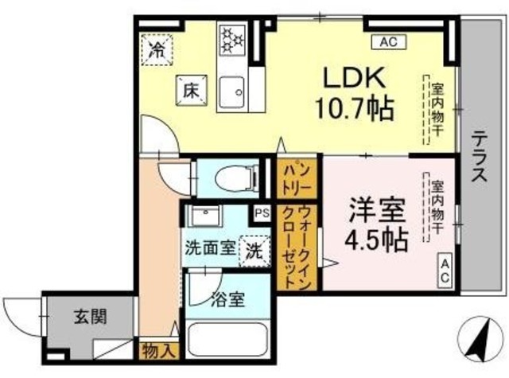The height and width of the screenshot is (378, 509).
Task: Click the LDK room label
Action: (x=354, y=77)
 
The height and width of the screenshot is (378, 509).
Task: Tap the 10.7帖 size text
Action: (x=354, y=108)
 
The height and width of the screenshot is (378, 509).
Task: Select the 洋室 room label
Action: (x=377, y=211)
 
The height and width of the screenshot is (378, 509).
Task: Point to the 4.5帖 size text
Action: (x=376, y=240)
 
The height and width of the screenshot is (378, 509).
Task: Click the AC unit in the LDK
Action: (x=389, y=42)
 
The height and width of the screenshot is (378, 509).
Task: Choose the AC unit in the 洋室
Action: (x=445, y=271)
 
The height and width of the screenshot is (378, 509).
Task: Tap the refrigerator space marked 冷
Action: (x=157, y=50)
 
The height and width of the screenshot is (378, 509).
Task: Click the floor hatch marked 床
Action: (x=191, y=90)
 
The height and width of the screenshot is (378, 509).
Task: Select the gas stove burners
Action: (x=231, y=39)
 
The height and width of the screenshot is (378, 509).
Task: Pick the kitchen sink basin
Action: (x=231, y=92)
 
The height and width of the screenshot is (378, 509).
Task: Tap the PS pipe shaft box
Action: (x=262, y=213)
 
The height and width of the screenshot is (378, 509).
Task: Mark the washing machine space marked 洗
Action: (x=254, y=251)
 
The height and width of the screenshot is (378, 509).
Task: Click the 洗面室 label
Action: (x=210, y=250)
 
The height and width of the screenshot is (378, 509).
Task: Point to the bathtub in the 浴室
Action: (x=228, y=340)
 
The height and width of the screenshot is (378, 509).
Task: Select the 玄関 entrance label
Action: (x=90, y=317)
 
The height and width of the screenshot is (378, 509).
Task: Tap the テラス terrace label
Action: (x=480, y=157)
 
